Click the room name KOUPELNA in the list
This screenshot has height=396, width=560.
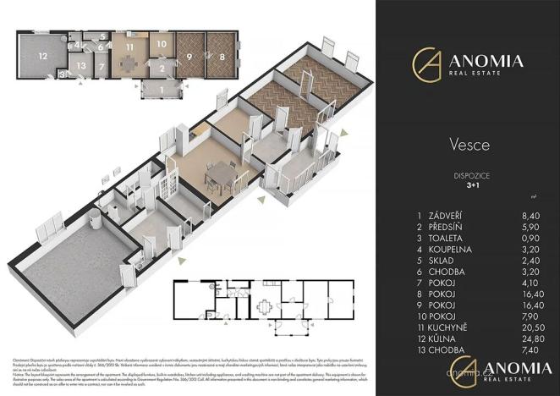point(452,250)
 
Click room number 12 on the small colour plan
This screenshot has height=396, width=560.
point(40,57)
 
